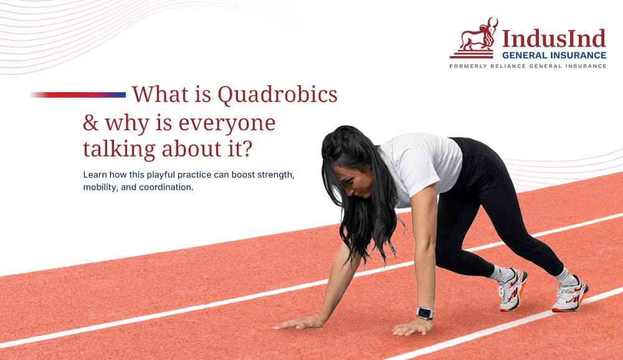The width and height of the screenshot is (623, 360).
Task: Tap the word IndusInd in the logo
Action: click(x=554, y=39)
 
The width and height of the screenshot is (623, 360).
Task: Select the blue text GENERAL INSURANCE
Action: click(x=554, y=55)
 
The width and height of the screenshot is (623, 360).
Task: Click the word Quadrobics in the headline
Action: click(x=277, y=95)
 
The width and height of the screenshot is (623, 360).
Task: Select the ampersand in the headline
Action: click(x=91, y=123)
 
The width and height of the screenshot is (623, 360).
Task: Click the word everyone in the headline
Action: click(x=227, y=124)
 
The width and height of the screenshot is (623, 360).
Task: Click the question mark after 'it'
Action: click(x=247, y=149)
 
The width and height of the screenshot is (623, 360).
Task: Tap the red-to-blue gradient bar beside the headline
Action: click(x=78, y=95)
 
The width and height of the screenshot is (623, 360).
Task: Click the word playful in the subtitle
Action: click(x=161, y=175)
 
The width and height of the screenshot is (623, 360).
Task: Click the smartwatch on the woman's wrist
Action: click(x=425, y=313)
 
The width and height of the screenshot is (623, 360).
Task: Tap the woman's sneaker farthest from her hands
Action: click(x=570, y=295)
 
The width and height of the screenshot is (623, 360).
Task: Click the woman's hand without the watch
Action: click(x=298, y=323)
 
